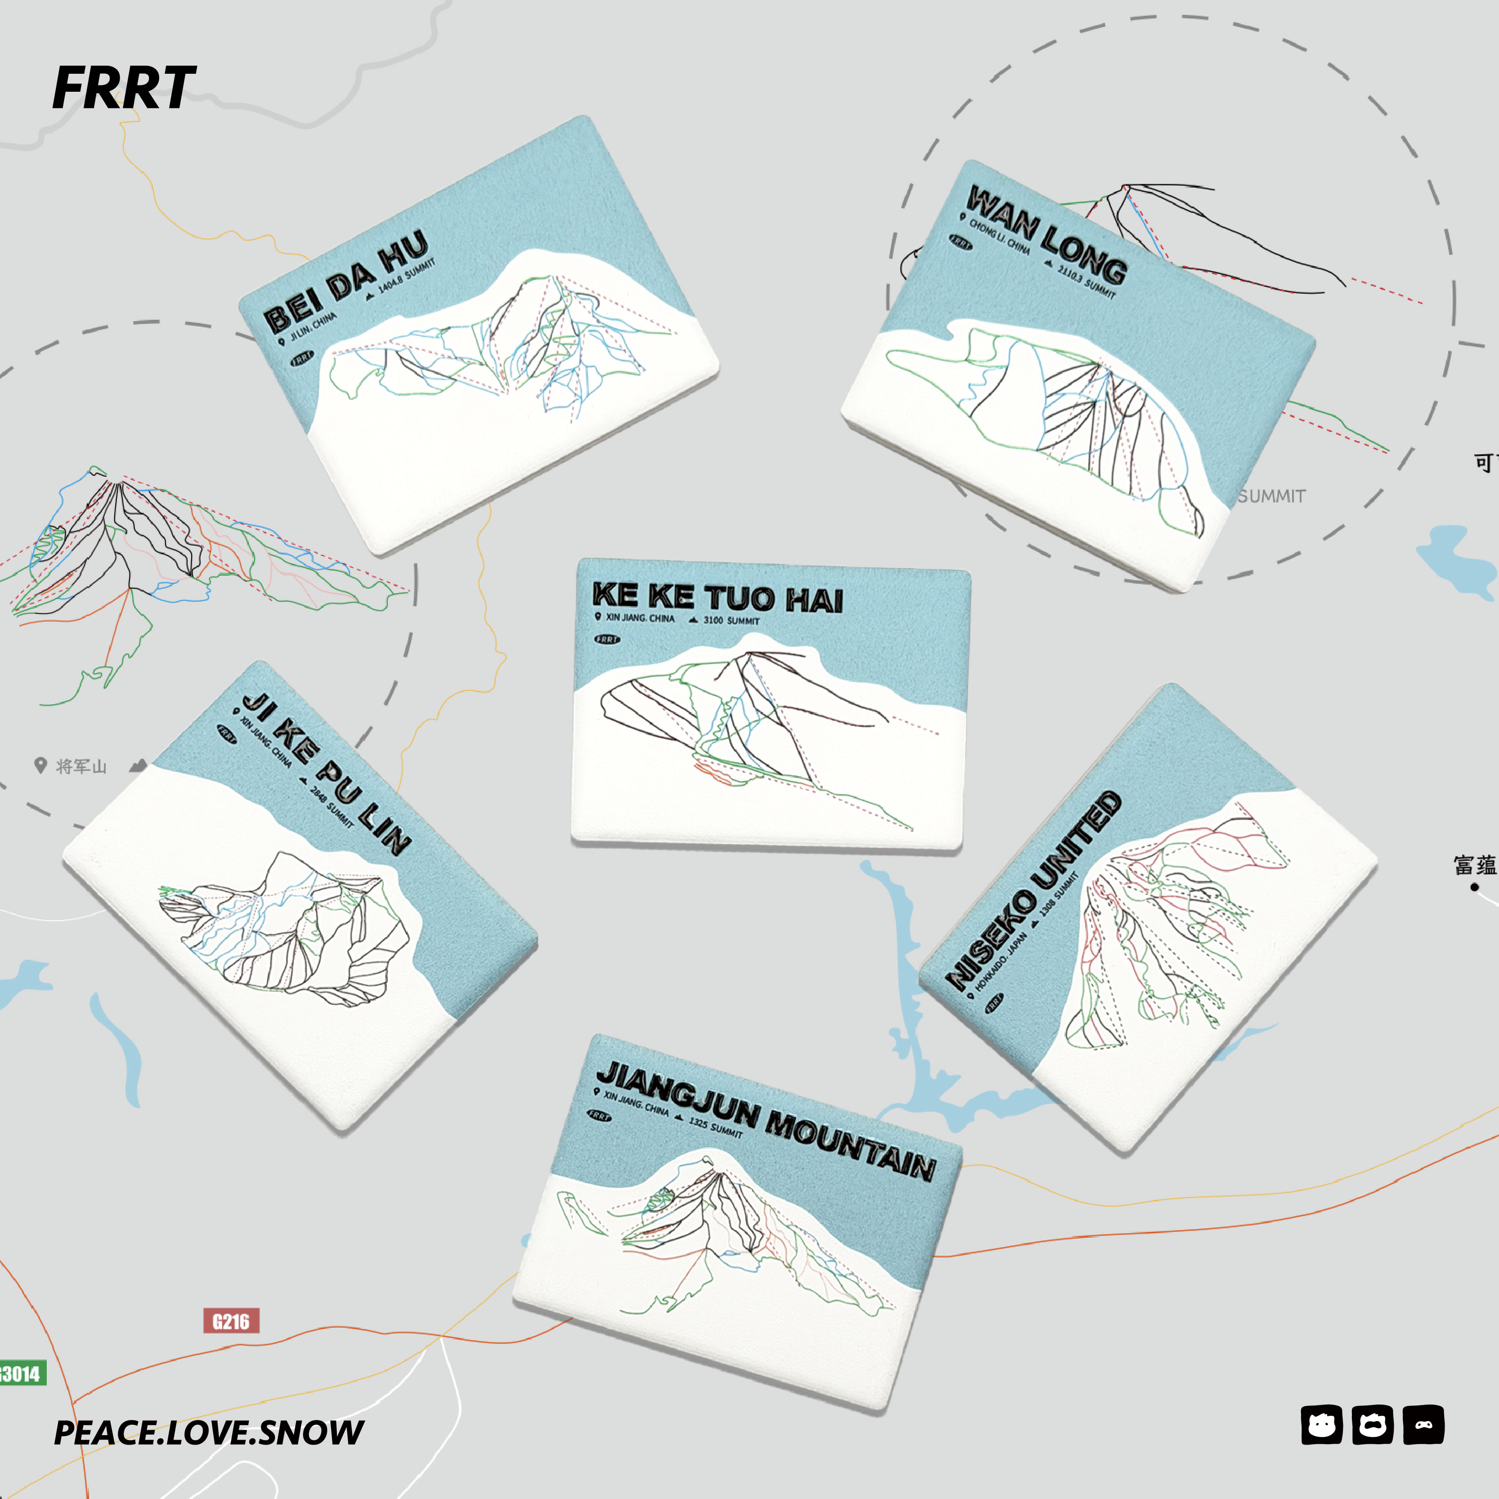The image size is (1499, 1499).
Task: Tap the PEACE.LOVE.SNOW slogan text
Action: coord(208,1432)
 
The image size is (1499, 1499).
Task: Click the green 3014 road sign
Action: coord(22,1374)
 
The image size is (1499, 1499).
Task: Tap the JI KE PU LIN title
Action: coord(326,773)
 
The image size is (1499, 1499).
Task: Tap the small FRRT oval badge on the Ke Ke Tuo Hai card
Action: coord(608,640)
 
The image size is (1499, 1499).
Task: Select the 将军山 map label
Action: coord(81,766)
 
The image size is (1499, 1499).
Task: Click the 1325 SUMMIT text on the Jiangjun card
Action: coord(716,1128)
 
